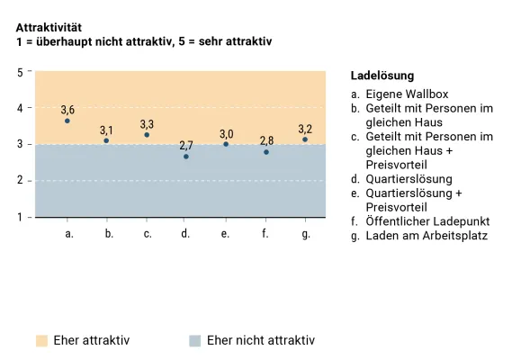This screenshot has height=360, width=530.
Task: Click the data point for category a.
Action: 67,121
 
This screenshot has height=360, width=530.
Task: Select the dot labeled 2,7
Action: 186,157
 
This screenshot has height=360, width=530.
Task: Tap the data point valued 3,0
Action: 226,144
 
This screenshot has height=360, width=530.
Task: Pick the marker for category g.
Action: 305,139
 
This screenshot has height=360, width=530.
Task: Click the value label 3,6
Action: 67,110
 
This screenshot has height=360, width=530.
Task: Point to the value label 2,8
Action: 266,141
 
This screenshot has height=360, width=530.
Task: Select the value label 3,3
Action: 147,124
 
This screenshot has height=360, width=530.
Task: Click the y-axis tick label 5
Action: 21,71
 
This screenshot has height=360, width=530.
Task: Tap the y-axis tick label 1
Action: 21,217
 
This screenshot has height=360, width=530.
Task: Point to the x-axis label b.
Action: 108,234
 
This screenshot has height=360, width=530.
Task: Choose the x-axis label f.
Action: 266,234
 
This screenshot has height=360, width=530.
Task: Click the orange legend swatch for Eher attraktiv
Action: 40,341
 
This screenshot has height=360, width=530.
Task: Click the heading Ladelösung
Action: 382,76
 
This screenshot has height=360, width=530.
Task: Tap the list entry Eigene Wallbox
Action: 406,94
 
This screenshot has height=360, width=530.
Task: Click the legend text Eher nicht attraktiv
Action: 260,341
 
